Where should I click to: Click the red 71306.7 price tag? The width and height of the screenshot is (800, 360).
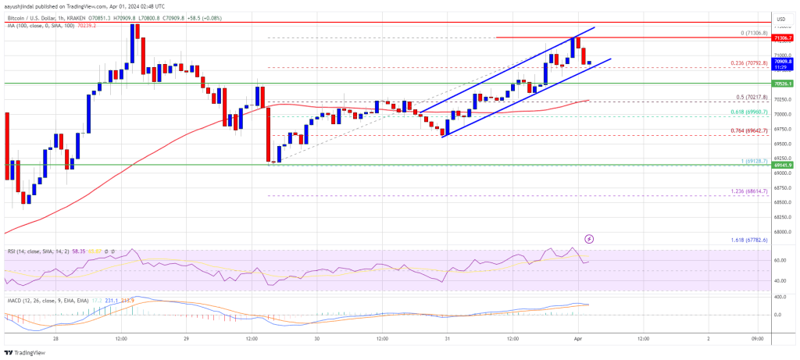[x=782, y=37]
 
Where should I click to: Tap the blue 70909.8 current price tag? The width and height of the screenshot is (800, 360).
[x=782, y=60]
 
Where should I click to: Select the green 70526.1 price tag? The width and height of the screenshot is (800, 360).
[x=782, y=83]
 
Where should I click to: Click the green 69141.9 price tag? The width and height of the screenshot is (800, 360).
[x=782, y=166]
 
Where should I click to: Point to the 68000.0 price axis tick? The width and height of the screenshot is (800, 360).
[x=781, y=231]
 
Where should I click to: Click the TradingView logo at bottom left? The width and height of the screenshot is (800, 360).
[x=31, y=351]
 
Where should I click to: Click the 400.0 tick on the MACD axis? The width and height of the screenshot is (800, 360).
[x=780, y=298]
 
